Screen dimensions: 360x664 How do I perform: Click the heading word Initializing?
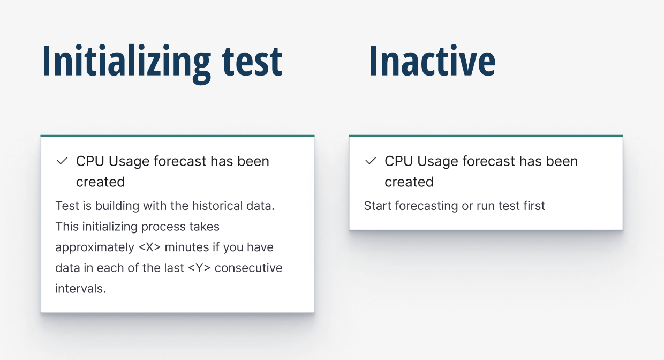pyautogui.click(x=126, y=62)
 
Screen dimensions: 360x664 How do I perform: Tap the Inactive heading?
pyautogui.click(x=432, y=62)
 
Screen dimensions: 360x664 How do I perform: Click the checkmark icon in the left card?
pyautogui.click(x=62, y=161)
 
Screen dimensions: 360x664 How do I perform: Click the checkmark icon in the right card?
pyautogui.click(x=371, y=161)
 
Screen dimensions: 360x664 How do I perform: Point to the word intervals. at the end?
pyautogui.click(x=81, y=289)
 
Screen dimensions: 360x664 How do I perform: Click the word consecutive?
pyautogui.click(x=248, y=268)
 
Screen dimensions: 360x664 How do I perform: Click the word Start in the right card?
pyautogui.click(x=377, y=206)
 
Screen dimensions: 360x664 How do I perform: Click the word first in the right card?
pyautogui.click(x=533, y=206)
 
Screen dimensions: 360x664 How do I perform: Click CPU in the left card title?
pyautogui.click(x=89, y=161)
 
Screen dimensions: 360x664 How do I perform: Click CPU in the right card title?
pyautogui.click(x=398, y=161)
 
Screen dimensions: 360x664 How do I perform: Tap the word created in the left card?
pyautogui.click(x=100, y=182)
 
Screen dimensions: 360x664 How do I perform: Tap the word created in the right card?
pyautogui.click(x=409, y=182)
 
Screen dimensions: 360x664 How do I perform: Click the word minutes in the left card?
pyautogui.click(x=201, y=247)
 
